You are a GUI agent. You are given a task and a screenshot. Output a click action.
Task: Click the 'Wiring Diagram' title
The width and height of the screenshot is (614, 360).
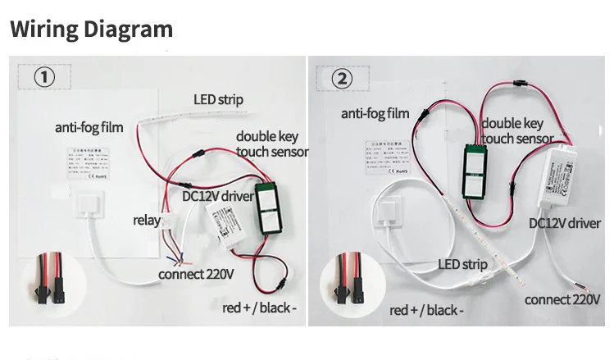pos(91,30)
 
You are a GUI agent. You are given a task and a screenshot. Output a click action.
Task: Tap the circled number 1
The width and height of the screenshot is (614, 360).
pos(44,77)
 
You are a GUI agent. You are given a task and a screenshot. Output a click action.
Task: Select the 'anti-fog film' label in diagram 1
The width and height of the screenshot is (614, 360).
pos(89,128)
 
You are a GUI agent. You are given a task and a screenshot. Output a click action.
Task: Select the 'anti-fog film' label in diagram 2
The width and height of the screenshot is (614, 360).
pos(375,113)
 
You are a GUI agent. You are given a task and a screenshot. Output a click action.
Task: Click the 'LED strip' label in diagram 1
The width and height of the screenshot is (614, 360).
pos(218,100)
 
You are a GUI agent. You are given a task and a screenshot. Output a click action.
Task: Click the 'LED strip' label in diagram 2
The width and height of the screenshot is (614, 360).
pos(462,264)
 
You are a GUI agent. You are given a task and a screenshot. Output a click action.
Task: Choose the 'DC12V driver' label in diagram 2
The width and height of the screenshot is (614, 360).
pos(564,223)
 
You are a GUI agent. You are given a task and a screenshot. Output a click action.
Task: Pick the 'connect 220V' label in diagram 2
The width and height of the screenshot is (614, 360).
pos(562,299)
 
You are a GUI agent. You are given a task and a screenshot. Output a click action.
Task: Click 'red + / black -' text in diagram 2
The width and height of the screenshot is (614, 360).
pos(426,310)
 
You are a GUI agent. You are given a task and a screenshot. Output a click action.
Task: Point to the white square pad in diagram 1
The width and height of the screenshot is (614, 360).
pos(88,206)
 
